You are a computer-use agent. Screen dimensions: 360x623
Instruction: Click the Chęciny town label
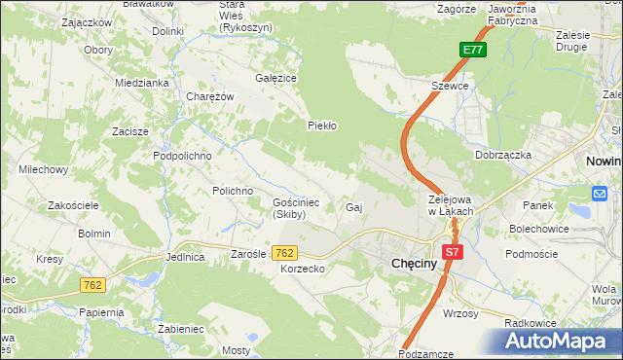coord(420,263)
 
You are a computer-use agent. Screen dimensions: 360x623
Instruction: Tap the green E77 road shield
coord(473,50)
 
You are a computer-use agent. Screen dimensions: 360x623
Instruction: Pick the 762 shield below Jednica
coord(92,285)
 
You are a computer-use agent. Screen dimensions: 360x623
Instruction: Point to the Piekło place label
coord(322,126)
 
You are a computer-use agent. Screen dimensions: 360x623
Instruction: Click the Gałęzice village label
coord(275,78)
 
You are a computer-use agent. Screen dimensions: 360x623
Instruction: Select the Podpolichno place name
coord(182,156)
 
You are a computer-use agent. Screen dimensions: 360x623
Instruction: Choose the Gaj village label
coord(354,208)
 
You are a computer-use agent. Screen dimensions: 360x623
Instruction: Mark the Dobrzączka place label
coord(502,155)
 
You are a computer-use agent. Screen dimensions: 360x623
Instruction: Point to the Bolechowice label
coord(538,229)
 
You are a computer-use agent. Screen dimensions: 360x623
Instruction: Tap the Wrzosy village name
coord(459,313)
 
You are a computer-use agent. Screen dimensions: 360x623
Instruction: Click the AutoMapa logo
coord(559,341)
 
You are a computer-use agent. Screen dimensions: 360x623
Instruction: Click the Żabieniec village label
coord(181,329)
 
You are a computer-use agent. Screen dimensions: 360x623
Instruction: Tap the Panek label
coord(537,205)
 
